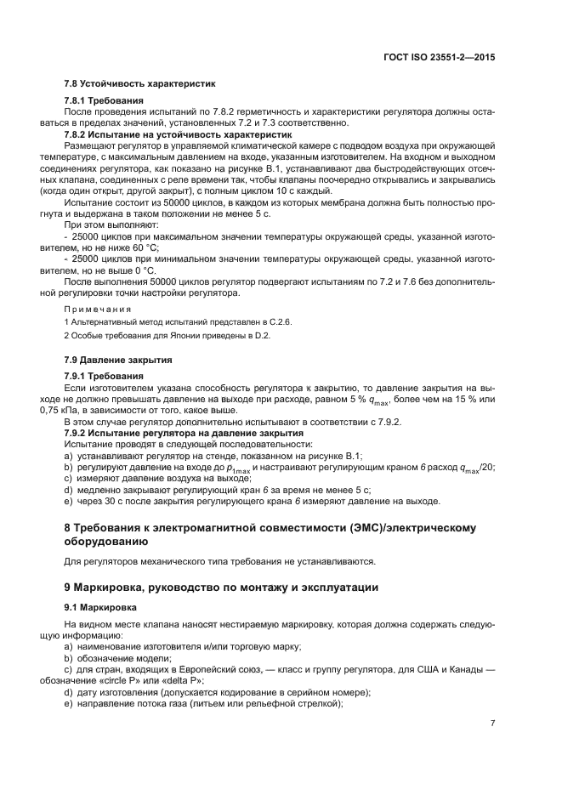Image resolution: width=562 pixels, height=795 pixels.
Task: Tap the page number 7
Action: pyautogui.click(x=492, y=723)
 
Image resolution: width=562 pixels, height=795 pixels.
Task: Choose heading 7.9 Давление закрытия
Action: pyautogui.click(x=118, y=361)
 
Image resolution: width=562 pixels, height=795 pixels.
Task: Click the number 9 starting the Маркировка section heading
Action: pyautogui.click(x=68, y=587)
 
